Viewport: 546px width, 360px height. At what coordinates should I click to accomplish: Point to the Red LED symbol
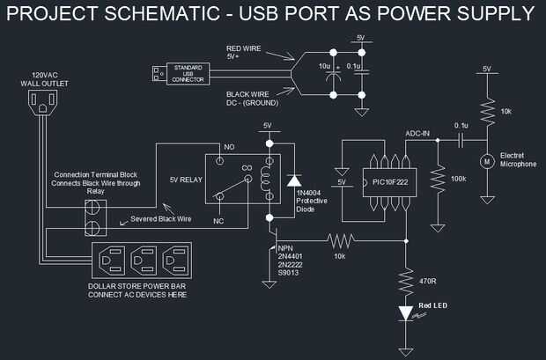406,312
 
